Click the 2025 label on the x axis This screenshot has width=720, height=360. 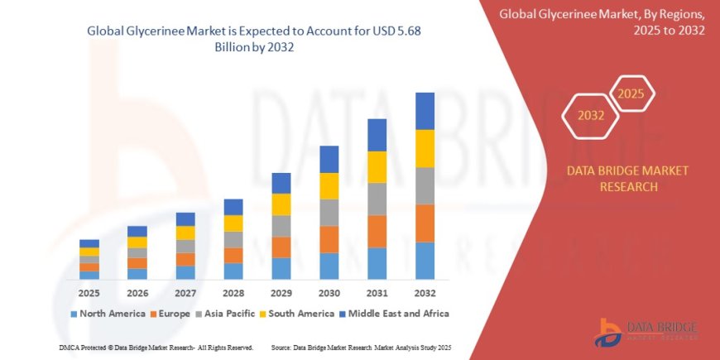89,293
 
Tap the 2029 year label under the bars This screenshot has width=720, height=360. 281,293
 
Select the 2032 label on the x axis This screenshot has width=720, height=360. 425,293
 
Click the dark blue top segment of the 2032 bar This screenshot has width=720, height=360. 425,111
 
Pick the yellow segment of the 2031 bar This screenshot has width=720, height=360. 377,167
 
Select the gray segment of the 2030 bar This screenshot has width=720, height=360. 329,213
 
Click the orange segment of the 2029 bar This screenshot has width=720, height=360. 281,247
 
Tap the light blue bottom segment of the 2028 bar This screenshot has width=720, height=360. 233,271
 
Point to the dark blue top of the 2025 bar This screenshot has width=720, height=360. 89,243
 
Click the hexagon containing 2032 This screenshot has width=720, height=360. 590,114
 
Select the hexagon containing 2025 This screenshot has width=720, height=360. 631,93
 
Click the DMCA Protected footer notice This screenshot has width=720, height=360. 157,348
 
